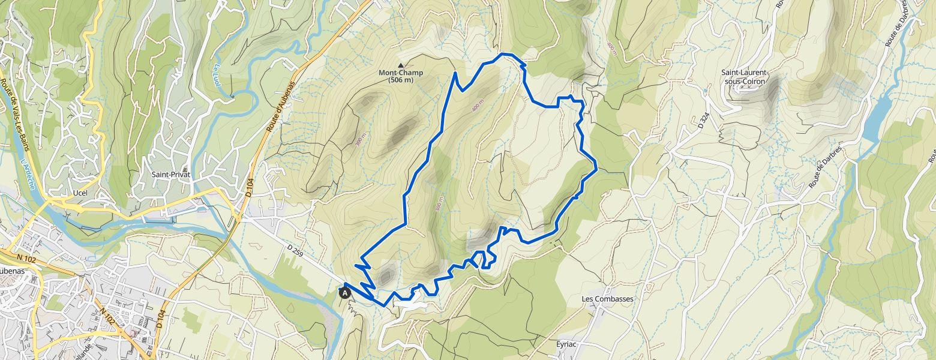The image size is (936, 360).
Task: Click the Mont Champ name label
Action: (400, 73)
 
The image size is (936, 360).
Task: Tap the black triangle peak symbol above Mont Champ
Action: (401, 65)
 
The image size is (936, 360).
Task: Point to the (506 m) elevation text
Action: (400, 80)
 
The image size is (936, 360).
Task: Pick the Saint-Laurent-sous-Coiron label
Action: (745, 77)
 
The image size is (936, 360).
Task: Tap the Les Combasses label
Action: (607, 299)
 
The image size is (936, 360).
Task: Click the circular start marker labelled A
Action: (345, 293)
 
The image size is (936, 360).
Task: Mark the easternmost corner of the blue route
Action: (596, 169)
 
